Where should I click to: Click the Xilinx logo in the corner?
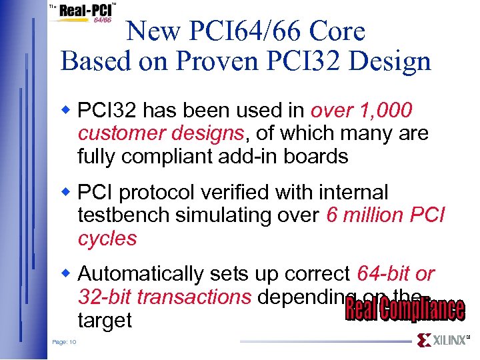click(443, 341)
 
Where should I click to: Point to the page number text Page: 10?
click(64, 342)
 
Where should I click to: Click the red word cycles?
click(107, 239)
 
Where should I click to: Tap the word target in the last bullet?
click(105, 321)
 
